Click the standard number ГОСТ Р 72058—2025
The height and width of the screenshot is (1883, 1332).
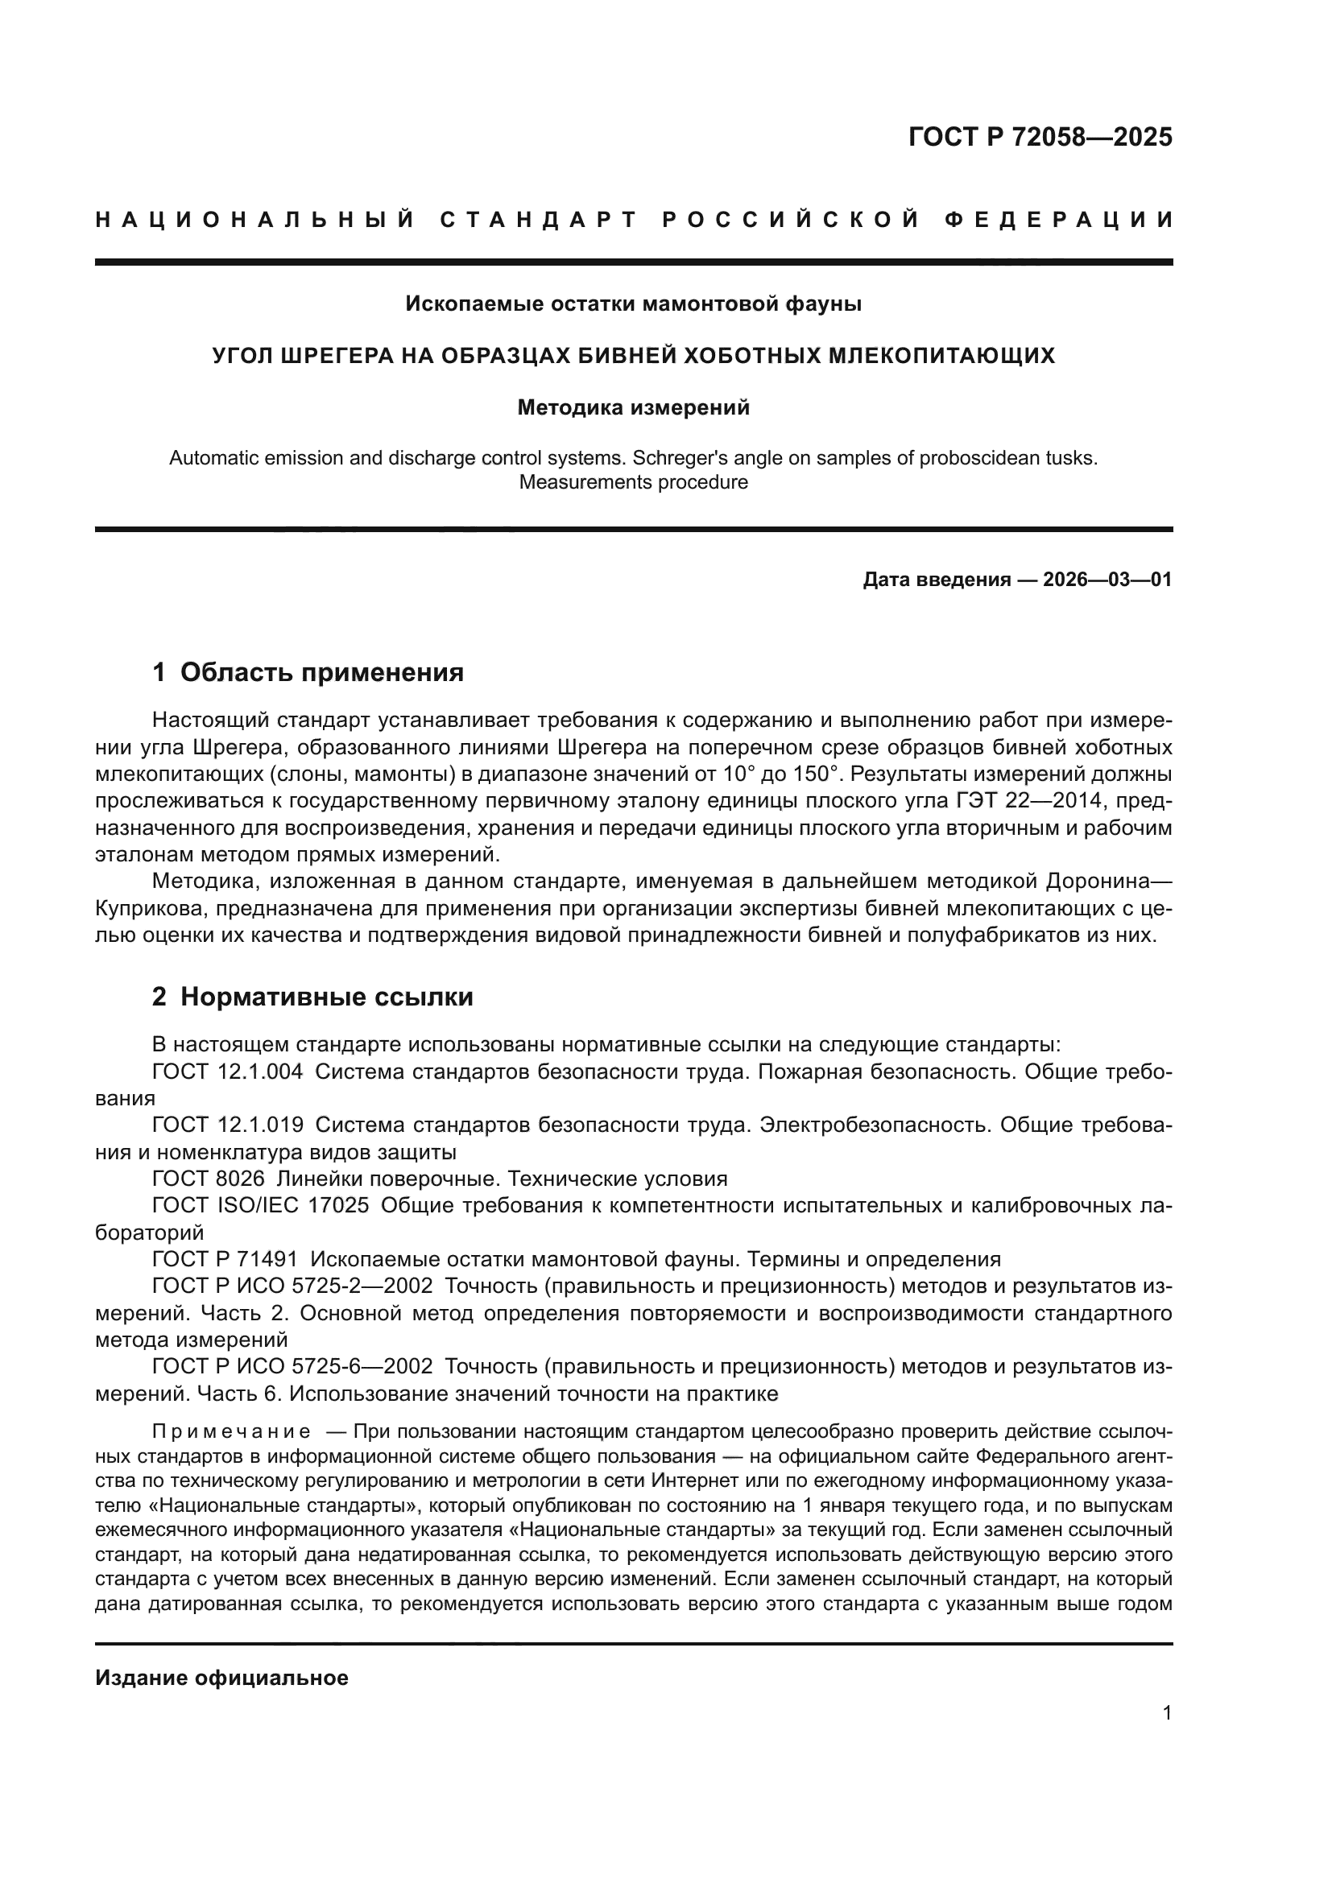click(x=1040, y=137)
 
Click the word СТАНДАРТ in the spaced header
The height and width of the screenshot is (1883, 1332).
click(x=539, y=220)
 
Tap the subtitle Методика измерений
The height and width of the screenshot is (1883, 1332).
click(x=633, y=407)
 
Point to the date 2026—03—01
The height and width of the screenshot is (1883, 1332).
click(x=1107, y=580)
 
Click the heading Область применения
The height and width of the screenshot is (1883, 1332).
click(x=321, y=672)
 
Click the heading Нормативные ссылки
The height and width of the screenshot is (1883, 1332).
click(x=326, y=997)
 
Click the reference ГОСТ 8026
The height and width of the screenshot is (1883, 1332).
click(x=209, y=1179)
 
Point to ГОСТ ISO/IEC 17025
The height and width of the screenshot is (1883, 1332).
click(x=260, y=1207)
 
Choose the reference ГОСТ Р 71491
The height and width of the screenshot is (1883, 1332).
click(x=225, y=1260)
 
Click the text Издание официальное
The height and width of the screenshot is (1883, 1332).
click(x=221, y=1678)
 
